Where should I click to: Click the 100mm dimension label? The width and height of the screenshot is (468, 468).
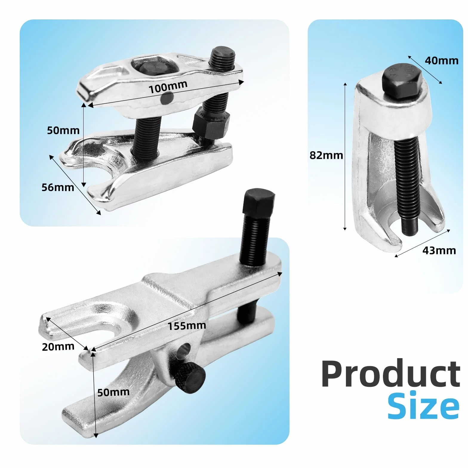click(168, 87)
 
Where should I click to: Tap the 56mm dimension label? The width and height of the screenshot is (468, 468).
click(58, 187)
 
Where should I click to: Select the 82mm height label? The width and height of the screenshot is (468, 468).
click(326, 155)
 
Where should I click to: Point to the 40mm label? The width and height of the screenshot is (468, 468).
click(441, 61)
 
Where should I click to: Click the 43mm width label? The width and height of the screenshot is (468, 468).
click(439, 250)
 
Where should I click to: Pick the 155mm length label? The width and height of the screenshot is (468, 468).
click(187, 326)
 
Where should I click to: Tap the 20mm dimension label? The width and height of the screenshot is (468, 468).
click(58, 347)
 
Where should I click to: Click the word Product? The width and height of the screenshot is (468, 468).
click(391, 374)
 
